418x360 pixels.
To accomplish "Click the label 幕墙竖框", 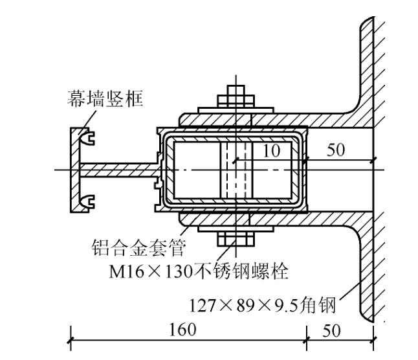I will click(105, 99).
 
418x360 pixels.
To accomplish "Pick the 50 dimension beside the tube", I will click(336, 151).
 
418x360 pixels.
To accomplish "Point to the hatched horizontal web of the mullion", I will click(120, 170).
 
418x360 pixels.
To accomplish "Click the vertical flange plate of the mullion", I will click(74, 170).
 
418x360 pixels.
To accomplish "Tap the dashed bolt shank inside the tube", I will click(234, 170).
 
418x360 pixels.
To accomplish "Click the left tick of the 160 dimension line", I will click(71, 338).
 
